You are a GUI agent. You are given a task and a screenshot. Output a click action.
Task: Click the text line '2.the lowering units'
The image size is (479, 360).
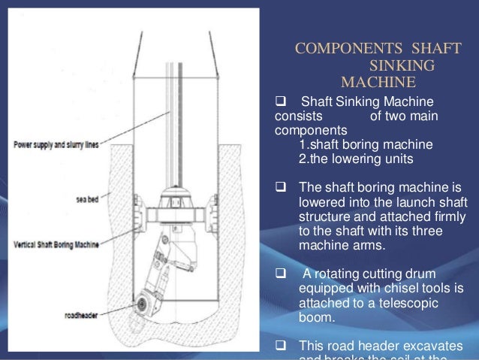click(x=355, y=159)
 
